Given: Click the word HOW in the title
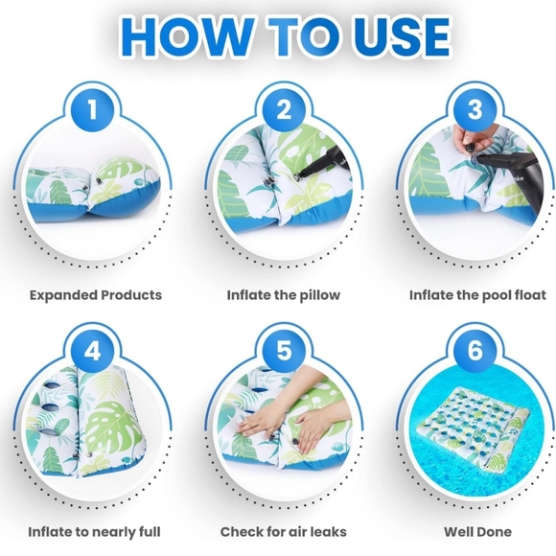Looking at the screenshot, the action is click(188, 37).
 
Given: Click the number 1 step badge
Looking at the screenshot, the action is click(93, 109).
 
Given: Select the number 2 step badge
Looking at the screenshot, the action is click(284, 109).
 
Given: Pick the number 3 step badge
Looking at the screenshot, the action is click(475, 109).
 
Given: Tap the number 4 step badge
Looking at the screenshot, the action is click(93, 351).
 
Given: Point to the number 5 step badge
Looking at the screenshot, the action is click(284, 351).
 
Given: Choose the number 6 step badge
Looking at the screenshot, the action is click(475, 351).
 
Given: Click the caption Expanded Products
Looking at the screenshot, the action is click(96, 295).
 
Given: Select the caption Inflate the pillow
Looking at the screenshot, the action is click(284, 295).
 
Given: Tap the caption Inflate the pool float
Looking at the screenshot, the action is click(477, 295).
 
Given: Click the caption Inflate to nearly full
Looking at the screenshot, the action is click(94, 532).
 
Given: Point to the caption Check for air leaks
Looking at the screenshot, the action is click(284, 532).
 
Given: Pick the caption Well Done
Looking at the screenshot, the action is click(477, 532).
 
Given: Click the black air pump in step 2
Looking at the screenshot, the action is click(324, 161).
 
